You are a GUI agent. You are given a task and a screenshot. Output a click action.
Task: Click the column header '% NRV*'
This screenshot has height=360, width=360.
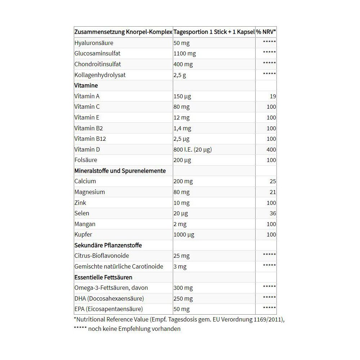[x=266, y=32]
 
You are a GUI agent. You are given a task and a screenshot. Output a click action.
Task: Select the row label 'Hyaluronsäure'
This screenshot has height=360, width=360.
[x=94, y=43]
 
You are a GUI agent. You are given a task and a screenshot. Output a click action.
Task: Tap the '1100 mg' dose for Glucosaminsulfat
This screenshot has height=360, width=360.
[x=185, y=54]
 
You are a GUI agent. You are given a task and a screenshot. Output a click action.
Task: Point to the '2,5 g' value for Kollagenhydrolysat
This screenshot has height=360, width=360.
[x=180, y=75]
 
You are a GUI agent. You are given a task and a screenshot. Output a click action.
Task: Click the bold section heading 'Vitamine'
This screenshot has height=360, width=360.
[x=86, y=86]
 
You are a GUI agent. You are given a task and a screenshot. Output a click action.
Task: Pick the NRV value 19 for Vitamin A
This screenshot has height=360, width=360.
[x=273, y=96]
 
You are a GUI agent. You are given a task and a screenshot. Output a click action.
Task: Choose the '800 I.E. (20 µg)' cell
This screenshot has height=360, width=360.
[x=193, y=149]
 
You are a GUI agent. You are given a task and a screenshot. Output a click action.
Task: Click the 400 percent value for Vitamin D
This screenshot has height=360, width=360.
[x=271, y=149]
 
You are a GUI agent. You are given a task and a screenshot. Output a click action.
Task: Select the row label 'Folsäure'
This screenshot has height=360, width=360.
[x=86, y=160]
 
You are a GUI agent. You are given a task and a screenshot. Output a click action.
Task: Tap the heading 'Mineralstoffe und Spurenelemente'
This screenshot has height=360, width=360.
[x=120, y=171]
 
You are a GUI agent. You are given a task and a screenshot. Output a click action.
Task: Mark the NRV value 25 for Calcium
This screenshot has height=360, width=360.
[x=273, y=181]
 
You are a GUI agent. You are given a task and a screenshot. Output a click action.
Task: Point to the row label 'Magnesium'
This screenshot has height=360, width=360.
[x=90, y=192]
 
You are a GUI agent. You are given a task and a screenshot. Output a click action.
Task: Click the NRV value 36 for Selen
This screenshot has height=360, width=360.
[x=273, y=213]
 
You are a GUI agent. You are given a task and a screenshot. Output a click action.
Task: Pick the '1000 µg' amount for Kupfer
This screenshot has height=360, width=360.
[x=184, y=234]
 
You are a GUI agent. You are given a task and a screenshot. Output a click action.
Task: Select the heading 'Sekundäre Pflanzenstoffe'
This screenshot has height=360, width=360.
[x=108, y=245]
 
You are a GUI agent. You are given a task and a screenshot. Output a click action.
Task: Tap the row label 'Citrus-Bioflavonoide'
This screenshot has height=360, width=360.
[x=102, y=256]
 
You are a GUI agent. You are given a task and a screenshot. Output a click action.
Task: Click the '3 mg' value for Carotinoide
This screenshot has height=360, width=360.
[x=180, y=266]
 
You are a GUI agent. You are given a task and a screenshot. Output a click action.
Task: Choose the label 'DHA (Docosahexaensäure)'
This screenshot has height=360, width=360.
[x=109, y=298]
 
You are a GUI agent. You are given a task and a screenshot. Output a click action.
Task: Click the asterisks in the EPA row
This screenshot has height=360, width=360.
[x=269, y=308]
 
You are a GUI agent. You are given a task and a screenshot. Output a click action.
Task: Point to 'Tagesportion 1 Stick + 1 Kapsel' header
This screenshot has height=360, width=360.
[x=214, y=32]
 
